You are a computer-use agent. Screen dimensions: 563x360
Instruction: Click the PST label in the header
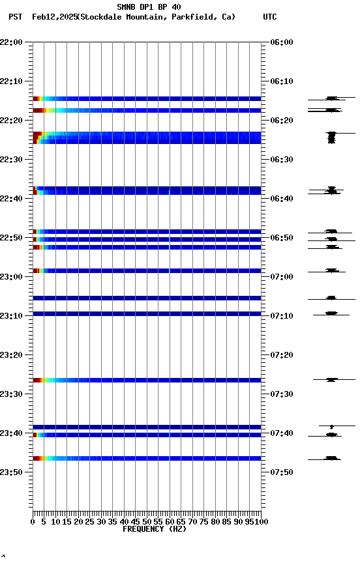click(x=16, y=17)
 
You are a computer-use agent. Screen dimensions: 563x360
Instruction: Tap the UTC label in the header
click(x=270, y=17)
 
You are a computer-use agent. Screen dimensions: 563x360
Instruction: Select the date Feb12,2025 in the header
click(x=53, y=17)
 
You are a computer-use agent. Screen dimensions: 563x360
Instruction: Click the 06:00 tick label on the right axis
click(x=281, y=42)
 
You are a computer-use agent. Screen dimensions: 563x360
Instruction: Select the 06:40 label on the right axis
click(x=281, y=199)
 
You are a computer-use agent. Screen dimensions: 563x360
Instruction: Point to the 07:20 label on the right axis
click(x=281, y=355)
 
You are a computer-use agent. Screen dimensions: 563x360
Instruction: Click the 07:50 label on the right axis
click(x=281, y=472)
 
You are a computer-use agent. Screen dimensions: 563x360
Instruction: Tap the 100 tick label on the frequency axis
click(x=262, y=522)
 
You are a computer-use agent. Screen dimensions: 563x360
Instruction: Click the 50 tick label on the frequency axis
click(x=147, y=522)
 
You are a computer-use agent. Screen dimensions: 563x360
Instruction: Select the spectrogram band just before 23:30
click(x=147, y=380)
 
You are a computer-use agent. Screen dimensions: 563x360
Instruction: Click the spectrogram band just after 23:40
click(x=147, y=435)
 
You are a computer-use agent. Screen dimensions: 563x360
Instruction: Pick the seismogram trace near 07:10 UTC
click(x=331, y=314)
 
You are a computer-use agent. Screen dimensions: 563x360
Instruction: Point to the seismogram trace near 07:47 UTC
click(x=332, y=459)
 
